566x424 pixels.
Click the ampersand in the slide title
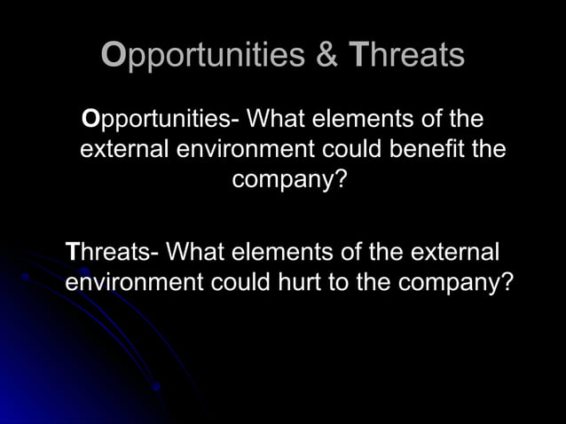[x=326, y=55]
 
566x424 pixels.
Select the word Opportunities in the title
[x=203, y=56]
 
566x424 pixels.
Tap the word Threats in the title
[x=406, y=55]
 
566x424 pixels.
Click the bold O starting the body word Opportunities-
[x=89, y=118]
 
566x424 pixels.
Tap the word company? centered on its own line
[x=288, y=179]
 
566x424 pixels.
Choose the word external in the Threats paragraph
[x=453, y=253]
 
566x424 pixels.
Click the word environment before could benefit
[x=240, y=148]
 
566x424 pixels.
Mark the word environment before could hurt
[x=133, y=283]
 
